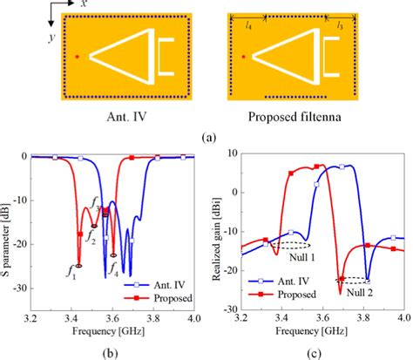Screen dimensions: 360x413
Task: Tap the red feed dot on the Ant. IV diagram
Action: [x=78, y=57]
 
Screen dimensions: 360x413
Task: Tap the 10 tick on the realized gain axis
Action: [x=229, y=155]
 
